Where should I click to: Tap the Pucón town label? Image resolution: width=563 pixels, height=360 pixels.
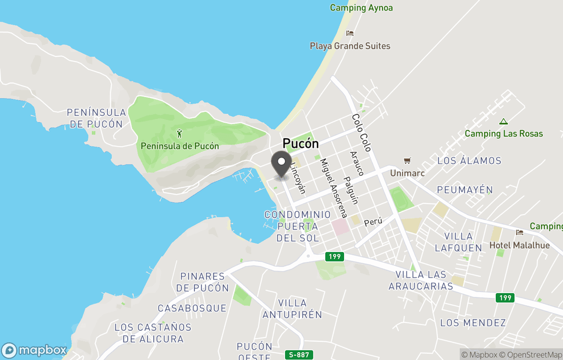[x=300, y=143]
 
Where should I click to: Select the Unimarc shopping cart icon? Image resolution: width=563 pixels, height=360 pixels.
[x=407, y=161]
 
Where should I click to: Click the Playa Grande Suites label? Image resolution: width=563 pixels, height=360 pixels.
[x=350, y=46]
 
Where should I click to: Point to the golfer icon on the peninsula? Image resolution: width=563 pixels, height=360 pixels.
[x=180, y=134]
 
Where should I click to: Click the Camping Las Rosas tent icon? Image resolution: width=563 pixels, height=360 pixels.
[x=503, y=122]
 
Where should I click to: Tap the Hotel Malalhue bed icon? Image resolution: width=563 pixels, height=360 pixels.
[x=519, y=233]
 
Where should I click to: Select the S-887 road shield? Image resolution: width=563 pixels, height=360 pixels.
[x=299, y=355]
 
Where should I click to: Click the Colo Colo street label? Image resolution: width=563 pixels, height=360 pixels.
[x=361, y=133]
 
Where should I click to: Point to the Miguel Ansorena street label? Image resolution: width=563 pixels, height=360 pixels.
[x=334, y=188]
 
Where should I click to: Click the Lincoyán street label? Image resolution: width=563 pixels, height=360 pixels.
[x=298, y=178]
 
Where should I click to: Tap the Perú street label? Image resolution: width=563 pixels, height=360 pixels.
[x=373, y=221]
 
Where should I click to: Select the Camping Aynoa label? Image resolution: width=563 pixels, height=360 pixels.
[x=361, y=8]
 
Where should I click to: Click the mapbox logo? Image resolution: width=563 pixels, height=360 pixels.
[x=35, y=350]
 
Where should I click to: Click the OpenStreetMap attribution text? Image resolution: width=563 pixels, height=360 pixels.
[x=531, y=355]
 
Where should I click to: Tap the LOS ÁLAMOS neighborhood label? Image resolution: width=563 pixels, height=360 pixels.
[x=469, y=161]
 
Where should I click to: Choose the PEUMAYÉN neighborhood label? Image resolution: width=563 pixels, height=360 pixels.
[x=464, y=189]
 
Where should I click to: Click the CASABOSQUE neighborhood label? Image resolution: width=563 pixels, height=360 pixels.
[x=192, y=308]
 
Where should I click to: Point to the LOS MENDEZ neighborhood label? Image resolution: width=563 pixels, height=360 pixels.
[x=473, y=322]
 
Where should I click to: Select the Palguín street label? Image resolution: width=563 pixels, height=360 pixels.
[x=351, y=190]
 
